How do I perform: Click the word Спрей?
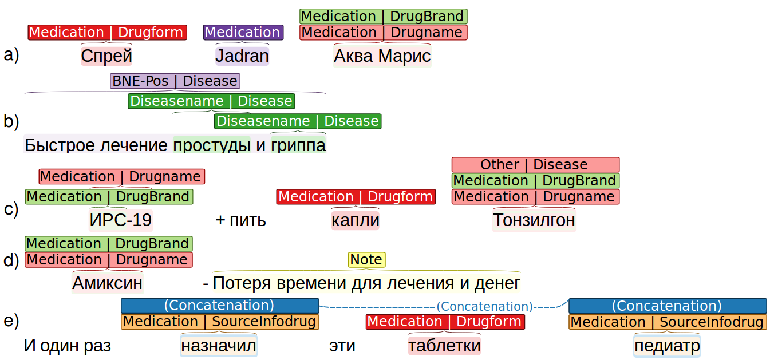pyautogui.click(x=106, y=56)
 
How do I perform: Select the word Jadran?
pyautogui.click(x=242, y=56)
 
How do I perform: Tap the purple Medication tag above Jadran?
pyautogui.click(x=243, y=33)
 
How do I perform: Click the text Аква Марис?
pyautogui.click(x=382, y=56)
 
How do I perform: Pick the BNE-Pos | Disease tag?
pyautogui.click(x=175, y=81)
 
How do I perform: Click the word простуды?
pyautogui.click(x=212, y=145)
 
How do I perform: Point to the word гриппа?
pyautogui.click(x=298, y=145)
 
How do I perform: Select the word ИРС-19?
pyautogui.click(x=121, y=220)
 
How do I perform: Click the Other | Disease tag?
pyautogui.click(x=535, y=165)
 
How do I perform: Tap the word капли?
pyautogui.click(x=356, y=220)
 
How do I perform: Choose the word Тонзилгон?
pyautogui.click(x=534, y=220)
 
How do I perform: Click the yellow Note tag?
pyautogui.click(x=366, y=260)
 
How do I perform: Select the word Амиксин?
pyautogui.click(x=107, y=283)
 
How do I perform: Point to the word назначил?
pyautogui.click(x=219, y=346)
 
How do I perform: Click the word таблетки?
pyautogui.click(x=444, y=346)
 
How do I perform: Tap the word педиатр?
pyautogui.click(x=667, y=346)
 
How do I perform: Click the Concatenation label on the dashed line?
pyautogui.click(x=484, y=307)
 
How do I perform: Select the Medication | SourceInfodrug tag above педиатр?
pyautogui.click(x=667, y=322)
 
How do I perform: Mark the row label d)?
pyautogui.click(x=11, y=261)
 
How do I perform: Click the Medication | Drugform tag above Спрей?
pyautogui.click(x=107, y=33)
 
